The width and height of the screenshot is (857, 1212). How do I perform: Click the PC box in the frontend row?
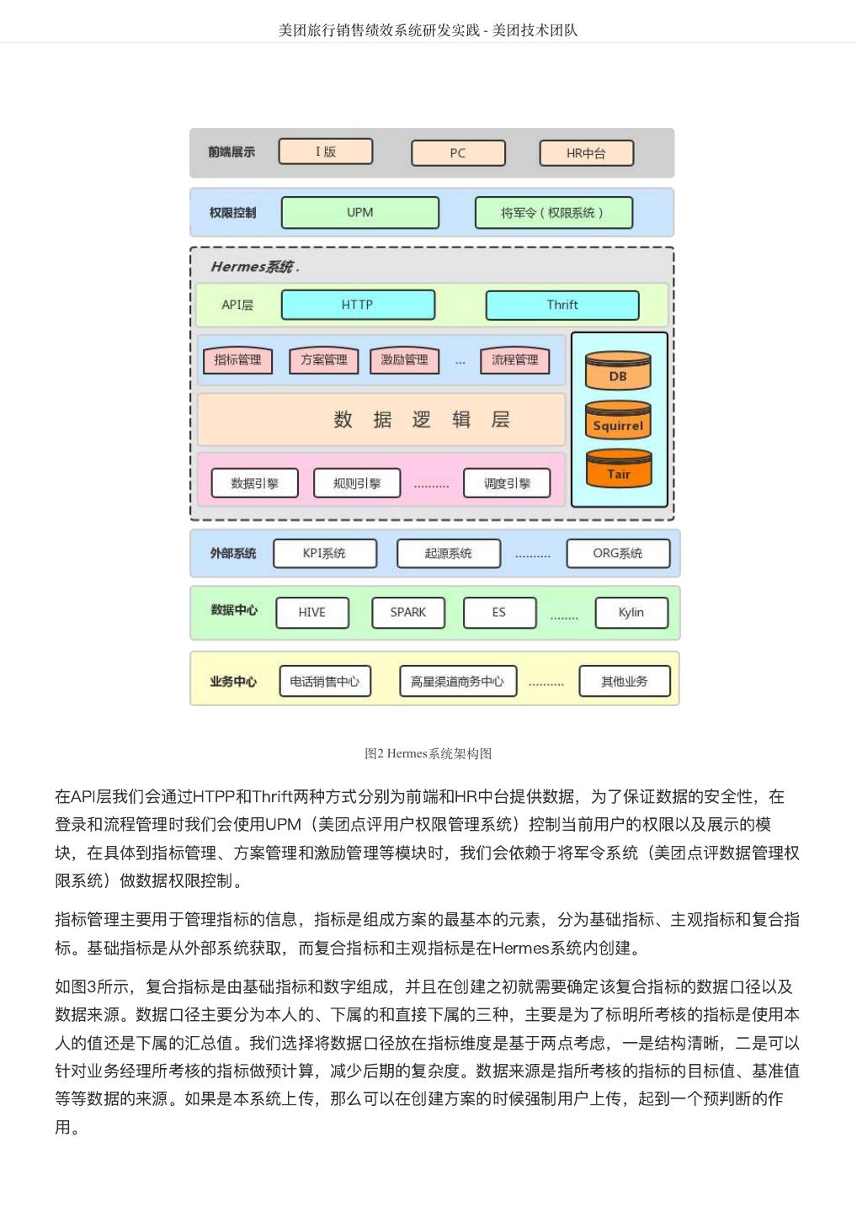tap(458, 153)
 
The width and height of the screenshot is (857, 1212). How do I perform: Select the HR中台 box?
tap(586, 153)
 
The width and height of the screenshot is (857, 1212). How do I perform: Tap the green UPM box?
tap(359, 213)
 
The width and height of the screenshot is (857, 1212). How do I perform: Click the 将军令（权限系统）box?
tap(553, 213)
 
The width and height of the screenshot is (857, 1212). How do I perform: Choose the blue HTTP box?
tap(358, 305)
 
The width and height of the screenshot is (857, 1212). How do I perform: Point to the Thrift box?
tap(562, 305)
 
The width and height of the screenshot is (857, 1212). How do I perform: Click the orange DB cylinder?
tap(618, 372)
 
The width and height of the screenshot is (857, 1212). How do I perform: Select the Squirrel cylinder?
tap(618, 422)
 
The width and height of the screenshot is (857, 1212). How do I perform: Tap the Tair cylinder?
tap(619, 470)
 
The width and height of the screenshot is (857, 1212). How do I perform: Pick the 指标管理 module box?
tap(237, 360)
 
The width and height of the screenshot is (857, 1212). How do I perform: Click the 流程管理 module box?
tap(514, 360)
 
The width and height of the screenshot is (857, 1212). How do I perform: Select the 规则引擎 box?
tap(356, 483)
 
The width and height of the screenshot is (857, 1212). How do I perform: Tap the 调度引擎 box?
tap(507, 483)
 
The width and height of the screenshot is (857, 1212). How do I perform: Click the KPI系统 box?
tap(324, 553)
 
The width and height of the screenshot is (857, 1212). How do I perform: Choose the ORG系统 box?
tap(617, 553)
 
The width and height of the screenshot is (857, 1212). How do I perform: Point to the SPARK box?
tap(407, 612)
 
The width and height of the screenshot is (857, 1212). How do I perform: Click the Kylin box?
tap(631, 612)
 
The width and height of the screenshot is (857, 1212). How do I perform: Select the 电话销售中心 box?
tap(324, 681)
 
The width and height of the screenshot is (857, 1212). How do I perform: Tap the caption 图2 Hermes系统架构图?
tap(428, 753)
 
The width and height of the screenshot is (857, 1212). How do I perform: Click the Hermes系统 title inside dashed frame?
tap(253, 267)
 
